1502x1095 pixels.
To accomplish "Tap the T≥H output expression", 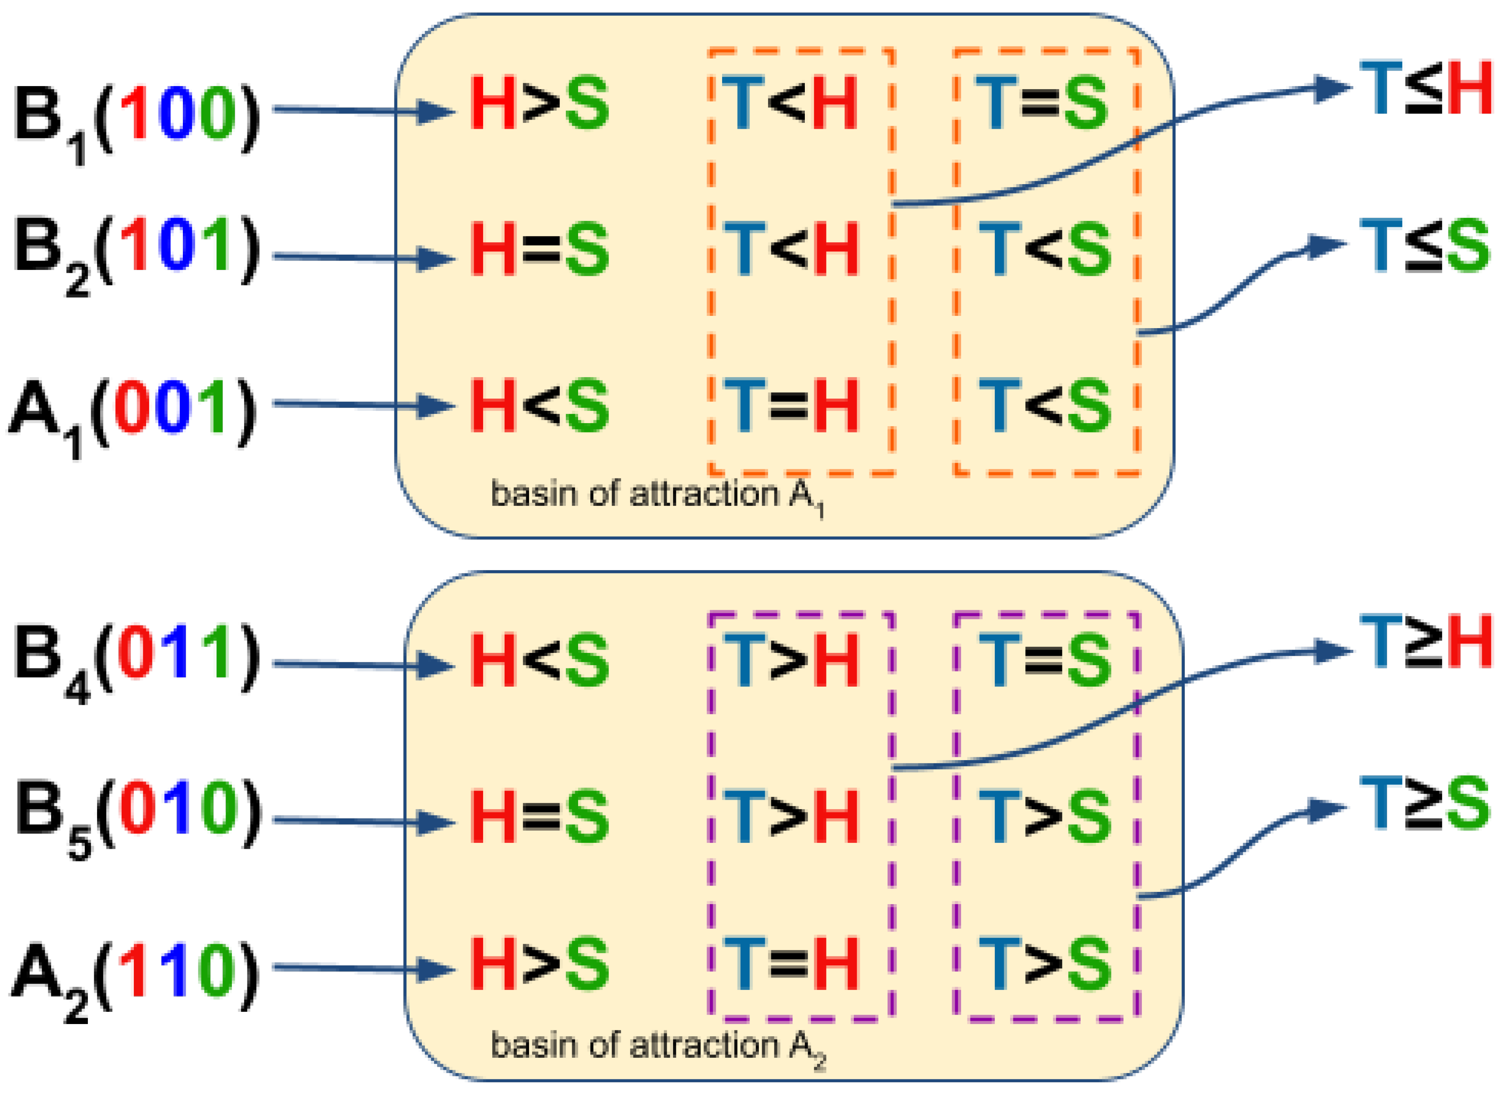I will pos(1425,643).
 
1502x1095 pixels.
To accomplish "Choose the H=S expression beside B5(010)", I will pos(539,817).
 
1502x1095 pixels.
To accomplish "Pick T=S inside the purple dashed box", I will pos(1044,660).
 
